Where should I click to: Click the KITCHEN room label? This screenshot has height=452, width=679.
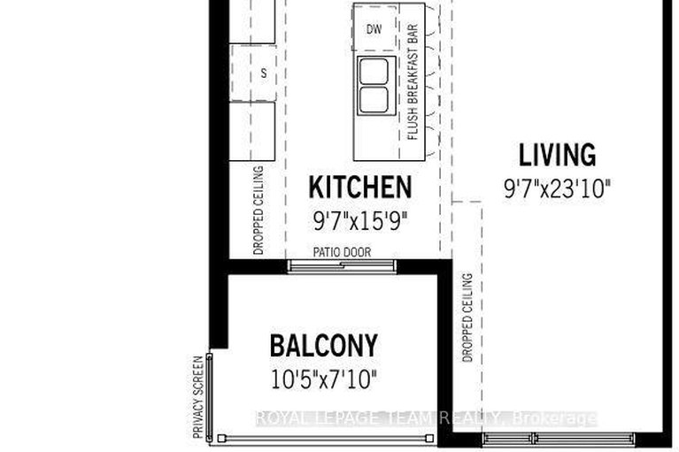(359, 188)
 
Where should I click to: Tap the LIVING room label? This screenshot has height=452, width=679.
(557, 156)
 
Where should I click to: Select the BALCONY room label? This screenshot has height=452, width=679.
(323, 345)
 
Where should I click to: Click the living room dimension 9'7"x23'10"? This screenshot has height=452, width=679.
(557, 188)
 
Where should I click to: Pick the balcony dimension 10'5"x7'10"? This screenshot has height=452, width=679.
(323, 380)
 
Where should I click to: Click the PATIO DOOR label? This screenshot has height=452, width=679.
(342, 252)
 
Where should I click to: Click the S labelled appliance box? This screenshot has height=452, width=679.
(263, 73)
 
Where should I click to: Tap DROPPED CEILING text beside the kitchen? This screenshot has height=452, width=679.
(258, 211)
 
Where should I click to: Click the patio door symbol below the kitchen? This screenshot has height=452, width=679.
(342, 264)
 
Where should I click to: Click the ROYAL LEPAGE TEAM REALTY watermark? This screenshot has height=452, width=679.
(426, 418)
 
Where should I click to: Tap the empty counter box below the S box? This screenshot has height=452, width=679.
(252, 131)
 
